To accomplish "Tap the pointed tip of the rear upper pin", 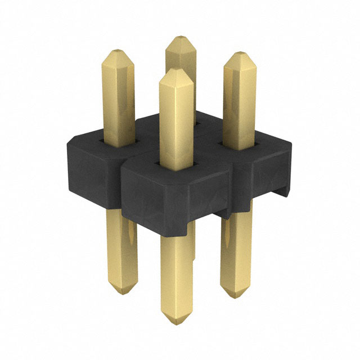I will [180, 38].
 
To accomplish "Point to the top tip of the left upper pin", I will [118, 51].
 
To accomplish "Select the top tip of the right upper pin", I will [240, 54].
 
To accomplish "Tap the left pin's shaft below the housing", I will [121, 247].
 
